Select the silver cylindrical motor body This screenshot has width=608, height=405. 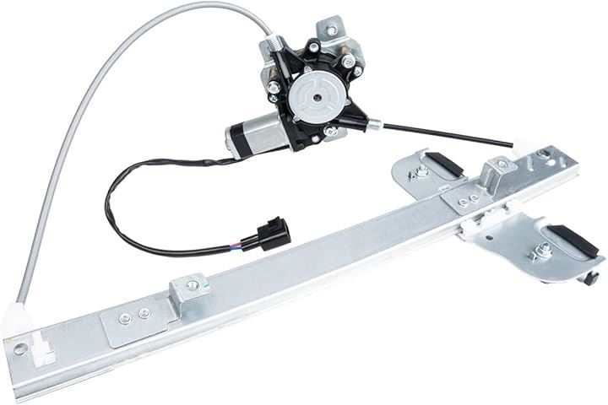[253, 132]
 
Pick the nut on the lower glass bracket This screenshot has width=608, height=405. [542, 250]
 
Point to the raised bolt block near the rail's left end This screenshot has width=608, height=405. [187, 289]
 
